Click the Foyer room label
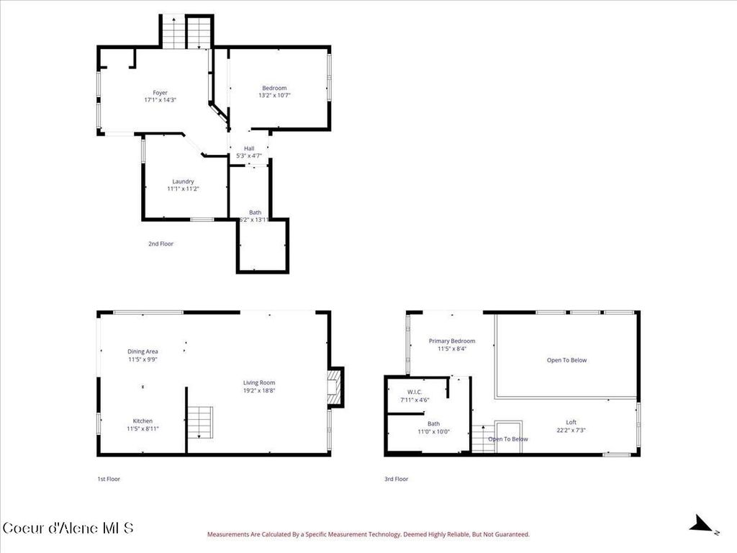click(x=160, y=93)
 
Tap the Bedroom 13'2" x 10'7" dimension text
click(x=274, y=96)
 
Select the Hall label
click(x=249, y=148)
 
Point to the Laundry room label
click(x=183, y=181)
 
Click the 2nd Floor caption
click(x=160, y=244)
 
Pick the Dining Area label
click(x=143, y=351)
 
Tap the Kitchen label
click(x=143, y=421)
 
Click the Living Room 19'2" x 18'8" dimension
click(x=259, y=390)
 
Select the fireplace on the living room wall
click(x=335, y=387)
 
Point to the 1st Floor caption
click(x=109, y=479)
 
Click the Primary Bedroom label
click(x=452, y=341)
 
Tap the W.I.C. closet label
click(x=415, y=392)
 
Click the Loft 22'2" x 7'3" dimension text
click(x=571, y=431)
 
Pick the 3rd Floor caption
click(x=396, y=479)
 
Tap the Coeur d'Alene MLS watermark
click(x=68, y=528)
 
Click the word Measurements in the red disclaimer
click(x=230, y=534)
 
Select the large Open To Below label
click(x=566, y=360)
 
